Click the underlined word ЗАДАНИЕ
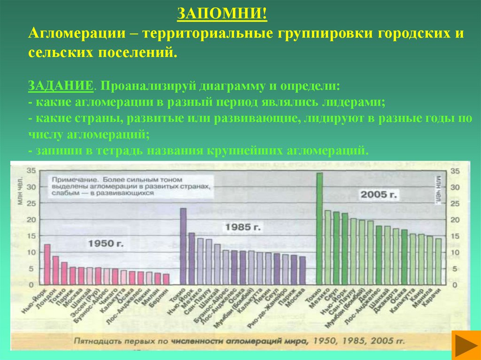click(x=60, y=87)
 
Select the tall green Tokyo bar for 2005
click(x=319, y=228)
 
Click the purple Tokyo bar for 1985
click(x=183, y=246)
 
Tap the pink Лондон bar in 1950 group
click(x=55, y=270)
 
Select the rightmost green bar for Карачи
click(x=438, y=261)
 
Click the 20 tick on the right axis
click(x=454, y=220)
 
